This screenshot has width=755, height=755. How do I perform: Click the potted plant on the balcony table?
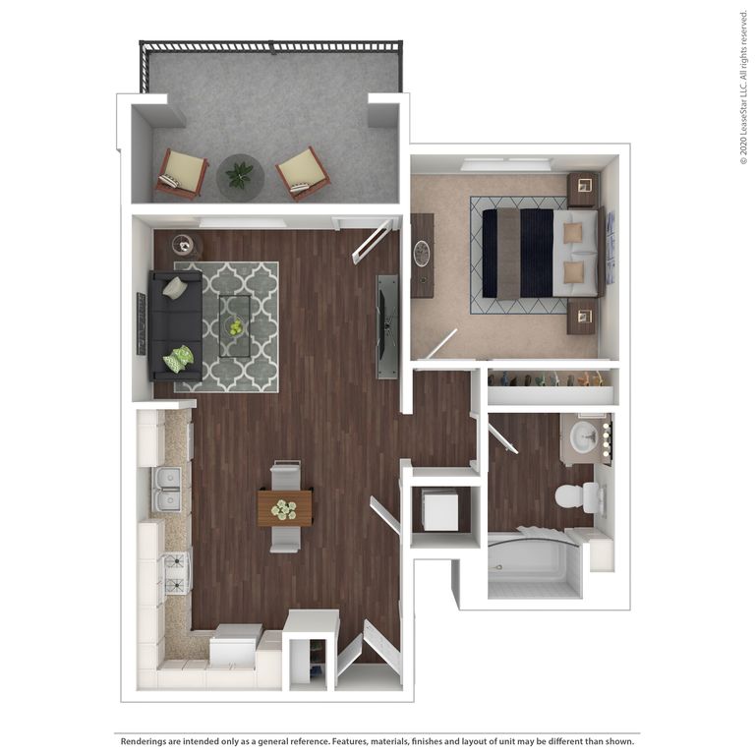239,175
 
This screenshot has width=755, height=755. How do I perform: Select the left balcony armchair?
181,174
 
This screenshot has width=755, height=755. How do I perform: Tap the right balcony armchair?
302,173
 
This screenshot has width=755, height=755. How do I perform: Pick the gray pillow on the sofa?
174,288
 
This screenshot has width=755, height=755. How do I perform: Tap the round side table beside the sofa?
184,245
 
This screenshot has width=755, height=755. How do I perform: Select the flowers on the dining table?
284,509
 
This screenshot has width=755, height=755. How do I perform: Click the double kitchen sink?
169,489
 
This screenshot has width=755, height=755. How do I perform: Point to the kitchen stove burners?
176,571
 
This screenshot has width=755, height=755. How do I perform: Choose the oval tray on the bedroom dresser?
423,255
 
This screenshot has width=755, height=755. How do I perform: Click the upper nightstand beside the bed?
582,187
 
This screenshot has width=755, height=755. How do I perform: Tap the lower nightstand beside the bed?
581,317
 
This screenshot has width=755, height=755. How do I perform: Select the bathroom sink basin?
583,436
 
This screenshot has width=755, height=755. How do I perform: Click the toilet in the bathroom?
575,496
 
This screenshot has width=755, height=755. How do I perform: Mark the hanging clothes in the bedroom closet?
551,378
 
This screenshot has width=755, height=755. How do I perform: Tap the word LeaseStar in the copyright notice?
743,108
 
